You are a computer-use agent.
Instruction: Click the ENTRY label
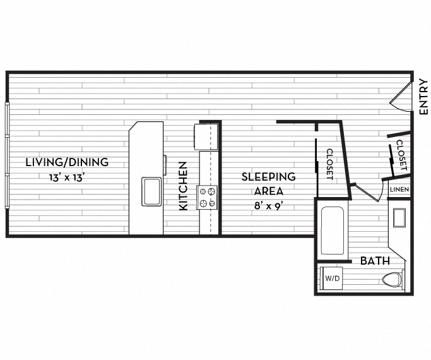point(423,96)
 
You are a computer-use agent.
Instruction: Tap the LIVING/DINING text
point(67,162)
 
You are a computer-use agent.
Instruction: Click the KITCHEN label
point(183,186)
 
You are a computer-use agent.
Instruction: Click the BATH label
point(375,261)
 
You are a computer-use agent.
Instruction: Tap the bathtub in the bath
point(332,229)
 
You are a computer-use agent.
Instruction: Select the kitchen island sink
point(151,191)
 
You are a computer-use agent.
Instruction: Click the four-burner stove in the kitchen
point(208,196)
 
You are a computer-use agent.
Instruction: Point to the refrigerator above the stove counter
point(206,136)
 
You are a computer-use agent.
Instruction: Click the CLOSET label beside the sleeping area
point(329,164)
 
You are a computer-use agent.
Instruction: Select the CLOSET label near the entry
point(401,159)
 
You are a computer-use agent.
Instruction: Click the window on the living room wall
point(8,155)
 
